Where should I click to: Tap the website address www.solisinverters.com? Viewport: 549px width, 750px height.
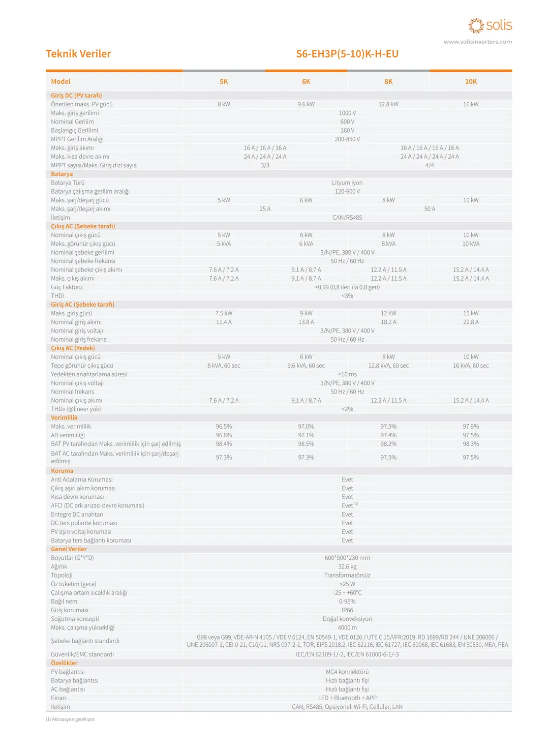(x=477, y=42)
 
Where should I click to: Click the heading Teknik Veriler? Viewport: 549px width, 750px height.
(x=78, y=54)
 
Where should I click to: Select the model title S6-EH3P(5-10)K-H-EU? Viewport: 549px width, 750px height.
(x=347, y=54)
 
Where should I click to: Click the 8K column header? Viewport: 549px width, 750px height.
(x=388, y=81)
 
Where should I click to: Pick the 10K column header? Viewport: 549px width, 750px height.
(x=471, y=81)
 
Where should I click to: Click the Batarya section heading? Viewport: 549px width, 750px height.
(x=62, y=174)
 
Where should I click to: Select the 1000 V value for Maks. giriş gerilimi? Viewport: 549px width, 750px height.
(x=347, y=113)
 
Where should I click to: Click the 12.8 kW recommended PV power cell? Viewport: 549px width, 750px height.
(x=388, y=104)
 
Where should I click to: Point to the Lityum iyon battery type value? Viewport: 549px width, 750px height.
(x=347, y=183)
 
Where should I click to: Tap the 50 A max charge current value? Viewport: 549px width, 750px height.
(x=430, y=209)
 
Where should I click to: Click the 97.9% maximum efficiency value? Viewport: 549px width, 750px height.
(x=471, y=427)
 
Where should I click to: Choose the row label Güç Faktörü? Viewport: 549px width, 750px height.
(x=67, y=287)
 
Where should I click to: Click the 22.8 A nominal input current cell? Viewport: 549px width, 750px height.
(x=471, y=322)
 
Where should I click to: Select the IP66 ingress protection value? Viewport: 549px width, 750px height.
(x=347, y=610)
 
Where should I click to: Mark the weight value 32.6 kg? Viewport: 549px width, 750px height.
(x=347, y=566)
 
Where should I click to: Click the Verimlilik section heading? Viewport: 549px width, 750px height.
(x=64, y=417)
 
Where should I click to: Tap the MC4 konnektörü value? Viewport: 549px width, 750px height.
(x=347, y=672)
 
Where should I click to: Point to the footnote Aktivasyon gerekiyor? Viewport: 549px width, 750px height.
(x=71, y=719)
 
